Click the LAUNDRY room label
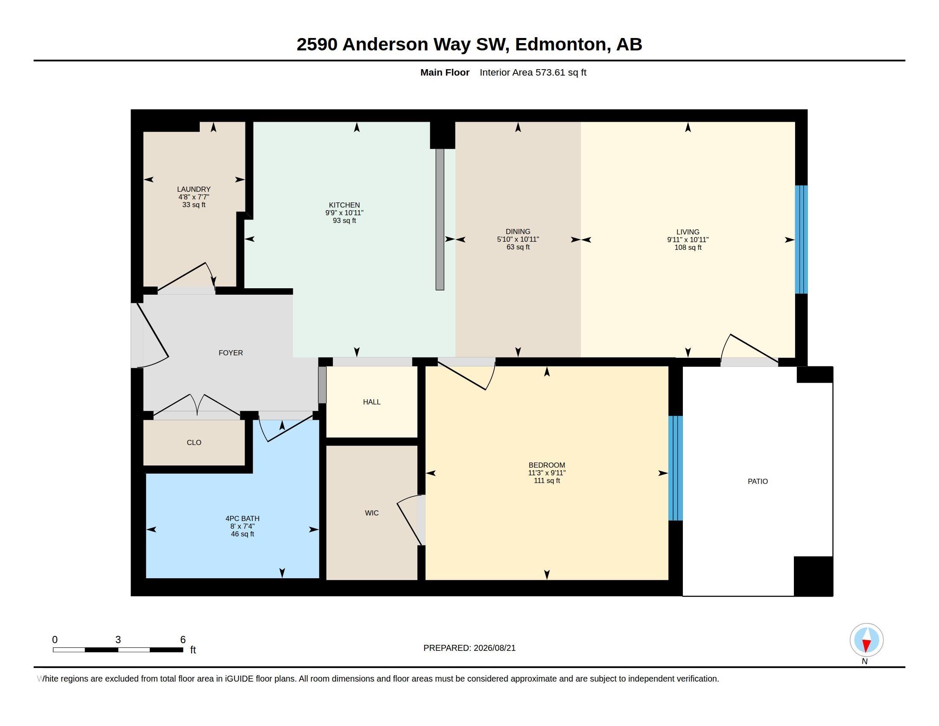click(193, 189)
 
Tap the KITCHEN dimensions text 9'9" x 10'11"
click(344, 213)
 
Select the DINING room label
click(518, 231)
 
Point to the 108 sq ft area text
click(688, 247)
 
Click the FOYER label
click(230, 353)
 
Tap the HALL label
click(371, 402)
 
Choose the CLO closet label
click(194, 442)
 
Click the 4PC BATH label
click(242, 519)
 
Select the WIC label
click(371, 512)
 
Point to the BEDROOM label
click(546, 465)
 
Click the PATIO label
click(758, 481)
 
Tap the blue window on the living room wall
click(801, 240)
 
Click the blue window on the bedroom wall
click(676, 468)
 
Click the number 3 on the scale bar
click(118, 640)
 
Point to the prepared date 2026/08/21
click(494, 648)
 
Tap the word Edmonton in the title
click(563, 45)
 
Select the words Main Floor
click(445, 72)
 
